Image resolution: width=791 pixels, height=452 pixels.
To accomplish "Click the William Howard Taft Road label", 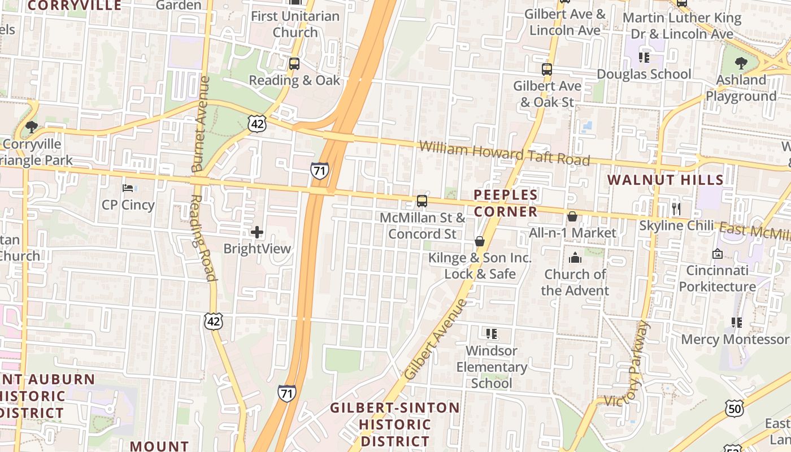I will (x=505, y=153).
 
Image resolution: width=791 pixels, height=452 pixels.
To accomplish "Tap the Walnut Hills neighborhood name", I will (x=665, y=180).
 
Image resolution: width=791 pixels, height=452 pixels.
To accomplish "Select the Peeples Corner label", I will (x=506, y=203).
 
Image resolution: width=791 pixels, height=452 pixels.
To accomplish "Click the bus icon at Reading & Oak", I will (x=294, y=64).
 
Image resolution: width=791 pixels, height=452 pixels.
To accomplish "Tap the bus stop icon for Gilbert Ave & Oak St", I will (x=546, y=69).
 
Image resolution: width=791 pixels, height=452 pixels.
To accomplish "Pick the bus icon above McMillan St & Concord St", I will (x=422, y=201).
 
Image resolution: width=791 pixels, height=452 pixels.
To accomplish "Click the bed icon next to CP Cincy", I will (x=128, y=188).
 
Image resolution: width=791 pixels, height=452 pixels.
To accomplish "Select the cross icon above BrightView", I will (x=257, y=232).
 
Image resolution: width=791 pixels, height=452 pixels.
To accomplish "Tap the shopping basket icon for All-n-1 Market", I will (x=572, y=216).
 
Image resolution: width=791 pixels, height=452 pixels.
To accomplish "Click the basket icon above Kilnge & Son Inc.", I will (x=480, y=242).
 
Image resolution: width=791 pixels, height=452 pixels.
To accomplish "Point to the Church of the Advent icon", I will (x=575, y=258).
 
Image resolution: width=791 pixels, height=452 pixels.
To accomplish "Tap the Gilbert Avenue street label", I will (x=436, y=340).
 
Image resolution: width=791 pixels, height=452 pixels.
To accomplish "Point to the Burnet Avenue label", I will (x=201, y=124).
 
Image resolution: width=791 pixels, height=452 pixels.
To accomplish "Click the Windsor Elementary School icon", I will (x=491, y=334).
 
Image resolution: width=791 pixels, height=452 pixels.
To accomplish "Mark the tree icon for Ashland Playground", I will (x=741, y=63).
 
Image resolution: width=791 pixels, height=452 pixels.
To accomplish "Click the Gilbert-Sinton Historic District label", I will (x=395, y=424).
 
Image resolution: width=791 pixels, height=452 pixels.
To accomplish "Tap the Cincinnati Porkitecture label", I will (x=717, y=279).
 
